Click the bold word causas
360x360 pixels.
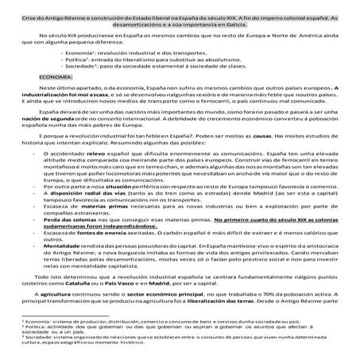[255, 158]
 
